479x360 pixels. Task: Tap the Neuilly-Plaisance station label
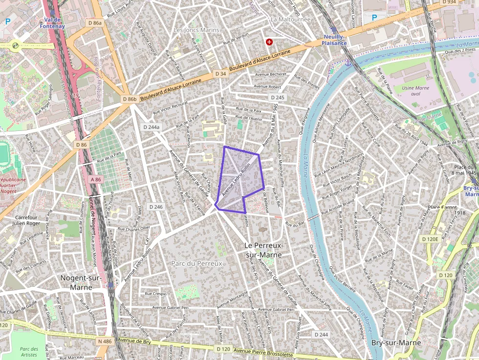[x=335, y=40]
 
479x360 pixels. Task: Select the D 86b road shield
[x=130, y=99]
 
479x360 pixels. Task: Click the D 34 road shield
[x=220, y=73]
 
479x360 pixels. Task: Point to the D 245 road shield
[x=277, y=98]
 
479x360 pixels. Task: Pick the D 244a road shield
[x=152, y=127]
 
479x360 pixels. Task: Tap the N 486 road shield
[x=104, y=341]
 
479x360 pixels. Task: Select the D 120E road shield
[x=430, y=239]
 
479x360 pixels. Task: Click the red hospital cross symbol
[x=269, y=42]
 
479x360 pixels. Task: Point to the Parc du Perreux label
[x=196, y=263]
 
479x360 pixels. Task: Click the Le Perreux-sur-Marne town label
[x=263, y=250]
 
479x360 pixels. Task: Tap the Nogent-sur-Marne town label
[x=81, y=282]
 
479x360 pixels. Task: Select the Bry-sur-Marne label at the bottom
[x=396, y=343]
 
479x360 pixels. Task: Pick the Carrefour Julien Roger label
[x=28, y=220]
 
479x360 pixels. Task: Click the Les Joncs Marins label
[x=196, y=30]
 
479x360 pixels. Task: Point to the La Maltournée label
[x=290, y=20]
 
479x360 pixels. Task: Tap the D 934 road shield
[x=449, y=2]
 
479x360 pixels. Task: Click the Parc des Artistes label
[x=29, y=352]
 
